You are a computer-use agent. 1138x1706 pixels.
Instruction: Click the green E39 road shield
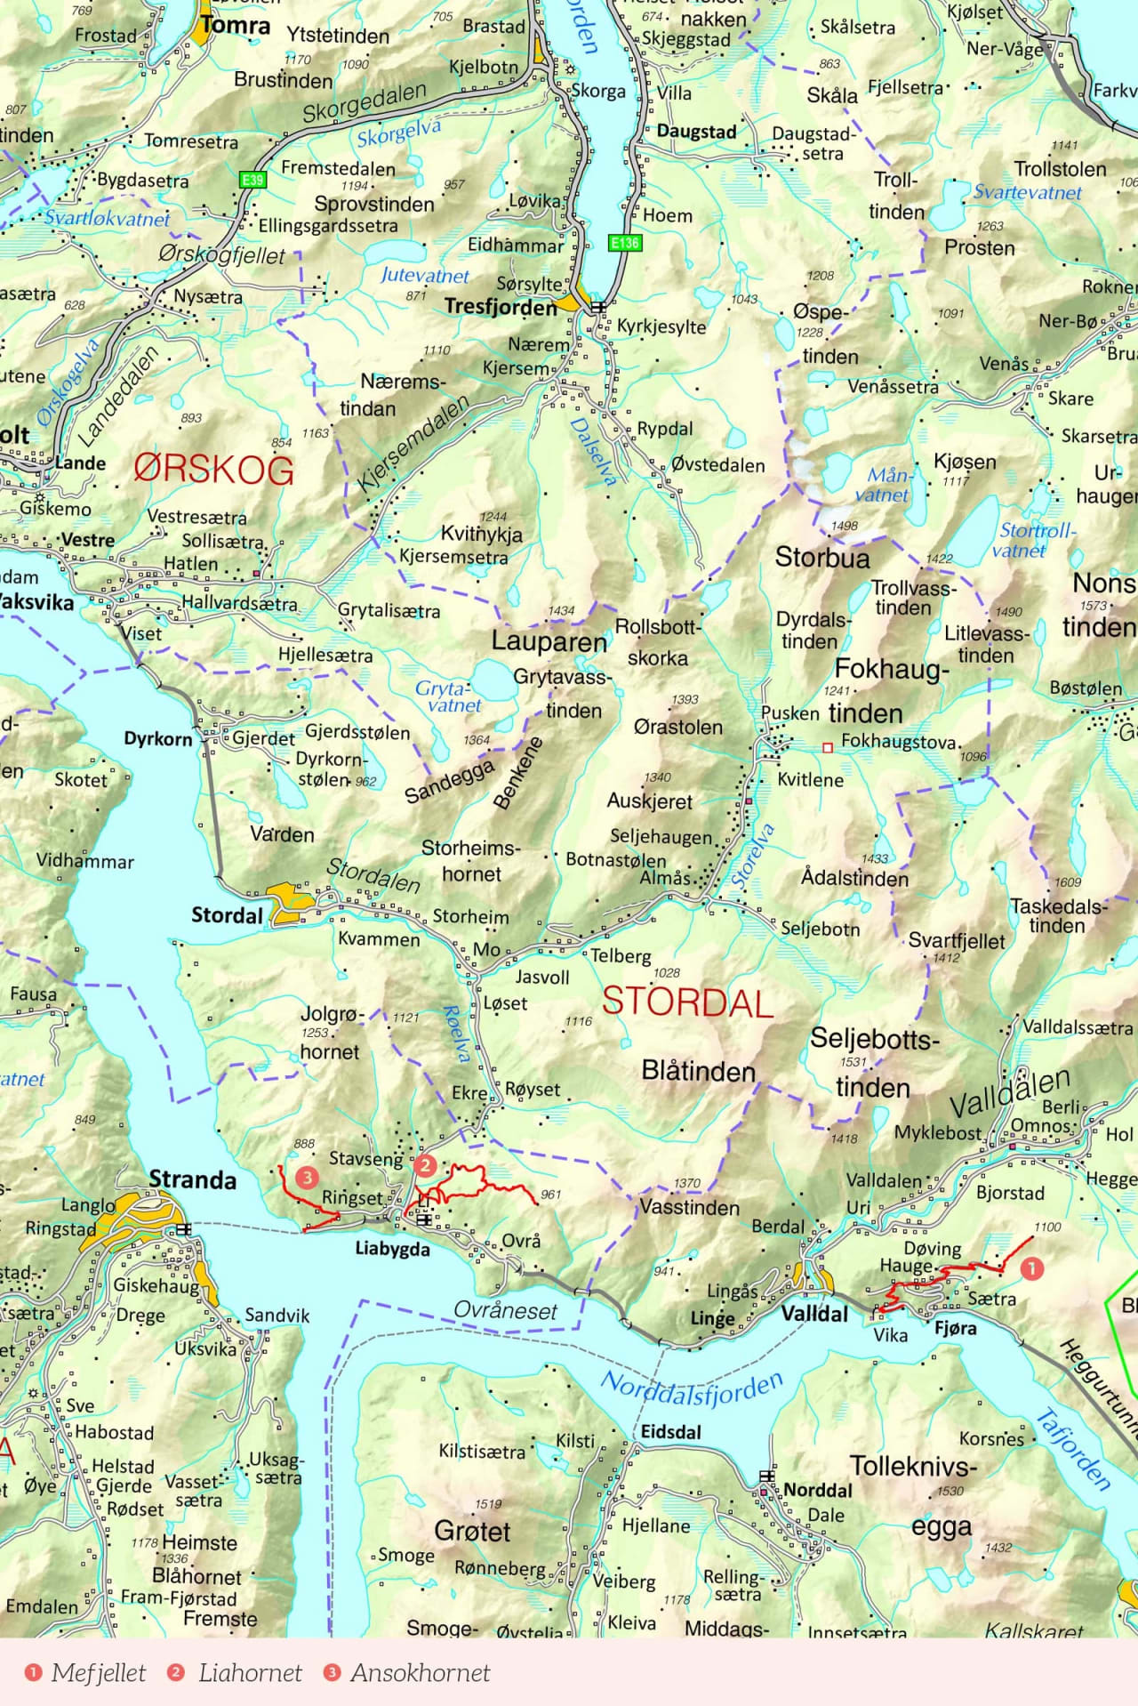click(253, 180)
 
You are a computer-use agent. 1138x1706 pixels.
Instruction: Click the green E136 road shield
click(625, 242)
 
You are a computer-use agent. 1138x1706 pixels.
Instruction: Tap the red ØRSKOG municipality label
click(213, 469)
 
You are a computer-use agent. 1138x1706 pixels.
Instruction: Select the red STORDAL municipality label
click(687, 1002)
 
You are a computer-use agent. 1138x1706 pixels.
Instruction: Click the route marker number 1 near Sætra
click(1031, 1267)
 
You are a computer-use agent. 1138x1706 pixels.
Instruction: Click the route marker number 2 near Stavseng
click(425, 1165)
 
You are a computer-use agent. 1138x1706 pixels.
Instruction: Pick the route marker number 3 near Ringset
click(307, 1178)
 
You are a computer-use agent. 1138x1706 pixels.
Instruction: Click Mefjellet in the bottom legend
click(98, 1672)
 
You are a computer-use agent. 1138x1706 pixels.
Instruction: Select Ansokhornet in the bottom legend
click(420, 1672)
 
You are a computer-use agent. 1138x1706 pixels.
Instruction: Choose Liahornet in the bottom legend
click(250, 1672)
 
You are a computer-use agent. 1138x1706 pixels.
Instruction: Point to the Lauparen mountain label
click(549, 641)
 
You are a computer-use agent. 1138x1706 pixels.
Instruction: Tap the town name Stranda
click(193, 1179)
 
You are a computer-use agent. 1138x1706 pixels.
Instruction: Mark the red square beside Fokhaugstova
click(828, 748)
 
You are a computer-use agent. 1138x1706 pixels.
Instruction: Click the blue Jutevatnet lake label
click(424, 276)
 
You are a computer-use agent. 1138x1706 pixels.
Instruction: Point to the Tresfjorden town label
click(501, 307)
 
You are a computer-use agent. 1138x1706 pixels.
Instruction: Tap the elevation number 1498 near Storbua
click(844, 526)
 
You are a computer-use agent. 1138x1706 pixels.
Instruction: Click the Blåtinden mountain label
click(699, 1071)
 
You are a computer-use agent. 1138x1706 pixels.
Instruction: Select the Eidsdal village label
click(671, 1432)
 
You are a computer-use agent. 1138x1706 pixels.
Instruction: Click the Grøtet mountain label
click(472, 1531)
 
